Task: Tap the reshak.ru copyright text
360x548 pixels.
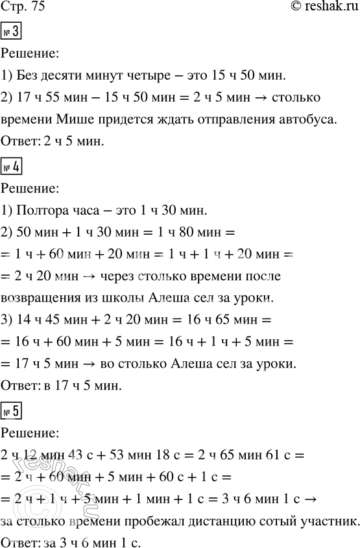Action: tap(321, 7)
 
